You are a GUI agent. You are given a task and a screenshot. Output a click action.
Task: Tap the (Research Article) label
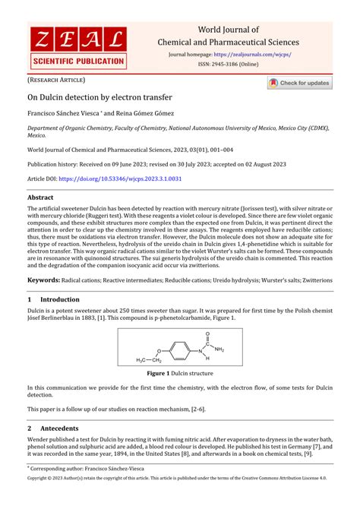pos(56,79)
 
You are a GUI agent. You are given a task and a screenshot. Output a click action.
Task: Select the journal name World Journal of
pos(228,30)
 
